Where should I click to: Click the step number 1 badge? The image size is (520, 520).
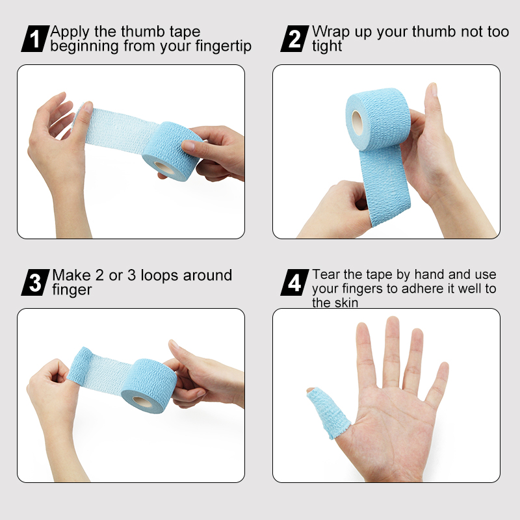tap(36, 39)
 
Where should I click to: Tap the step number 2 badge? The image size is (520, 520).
tap(294, 39)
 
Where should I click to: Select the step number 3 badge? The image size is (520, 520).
tap(36, 283)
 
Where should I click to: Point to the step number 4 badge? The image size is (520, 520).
tap(294, 283)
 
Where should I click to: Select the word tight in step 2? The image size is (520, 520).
tap(327, 47)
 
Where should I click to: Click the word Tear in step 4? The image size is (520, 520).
tap(326, 275)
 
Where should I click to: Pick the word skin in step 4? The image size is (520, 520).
tap(344, 303)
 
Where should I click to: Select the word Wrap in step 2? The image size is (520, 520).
tap(329, 32)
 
